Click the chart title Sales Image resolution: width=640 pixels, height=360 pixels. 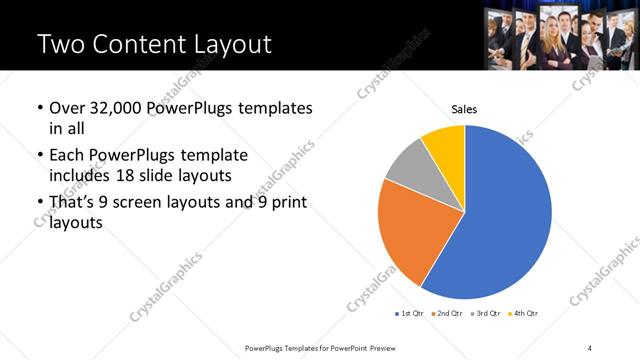point(464,108)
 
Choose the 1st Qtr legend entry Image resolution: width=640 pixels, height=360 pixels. point(410,314)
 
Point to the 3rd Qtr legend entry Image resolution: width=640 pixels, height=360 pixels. point(486,314)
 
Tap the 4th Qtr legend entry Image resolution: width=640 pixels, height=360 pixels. point(524,314)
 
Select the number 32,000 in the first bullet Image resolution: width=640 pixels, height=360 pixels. point(119,107)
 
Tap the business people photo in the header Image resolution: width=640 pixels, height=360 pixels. point(560,35)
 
